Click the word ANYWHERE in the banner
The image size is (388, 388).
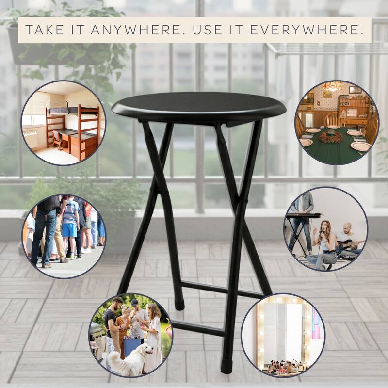tap(136, 30)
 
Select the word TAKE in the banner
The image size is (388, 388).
tap(45, 30)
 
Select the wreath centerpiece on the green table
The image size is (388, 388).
tap(331, 137)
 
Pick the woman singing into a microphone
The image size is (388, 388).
tap(323, 245)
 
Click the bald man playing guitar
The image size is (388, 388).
tap(349, 240)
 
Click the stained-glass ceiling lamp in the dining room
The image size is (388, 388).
tap(332, 86)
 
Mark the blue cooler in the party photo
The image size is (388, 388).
tap(132, 345)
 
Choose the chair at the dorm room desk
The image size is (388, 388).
tap(57, 140)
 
